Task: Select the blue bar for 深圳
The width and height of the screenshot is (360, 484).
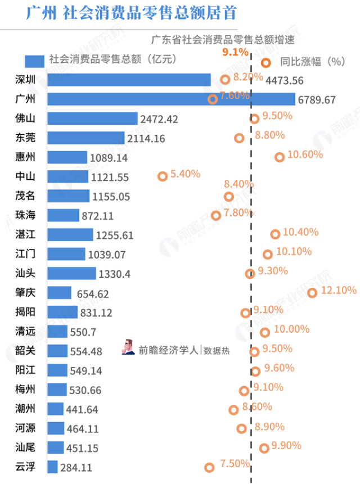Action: click(129, 80)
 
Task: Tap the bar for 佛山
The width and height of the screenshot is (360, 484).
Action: click(92, 119)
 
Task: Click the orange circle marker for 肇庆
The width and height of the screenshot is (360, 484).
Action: click(312, 292)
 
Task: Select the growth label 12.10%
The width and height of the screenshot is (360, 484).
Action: click(339, 291)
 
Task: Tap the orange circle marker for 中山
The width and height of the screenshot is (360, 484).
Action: click(163, 177)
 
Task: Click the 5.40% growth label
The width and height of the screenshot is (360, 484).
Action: click(185, 174)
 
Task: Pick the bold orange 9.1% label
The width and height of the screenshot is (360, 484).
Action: click(235, 52)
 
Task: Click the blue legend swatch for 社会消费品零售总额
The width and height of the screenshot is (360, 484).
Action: click(34, 61)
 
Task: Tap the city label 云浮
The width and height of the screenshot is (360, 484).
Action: click(25, 467)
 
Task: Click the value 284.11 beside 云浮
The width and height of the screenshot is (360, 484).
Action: click(76, 468)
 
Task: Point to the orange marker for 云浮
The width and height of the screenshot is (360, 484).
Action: click(209, 467)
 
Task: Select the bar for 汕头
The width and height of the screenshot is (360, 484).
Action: click(71, 274)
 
